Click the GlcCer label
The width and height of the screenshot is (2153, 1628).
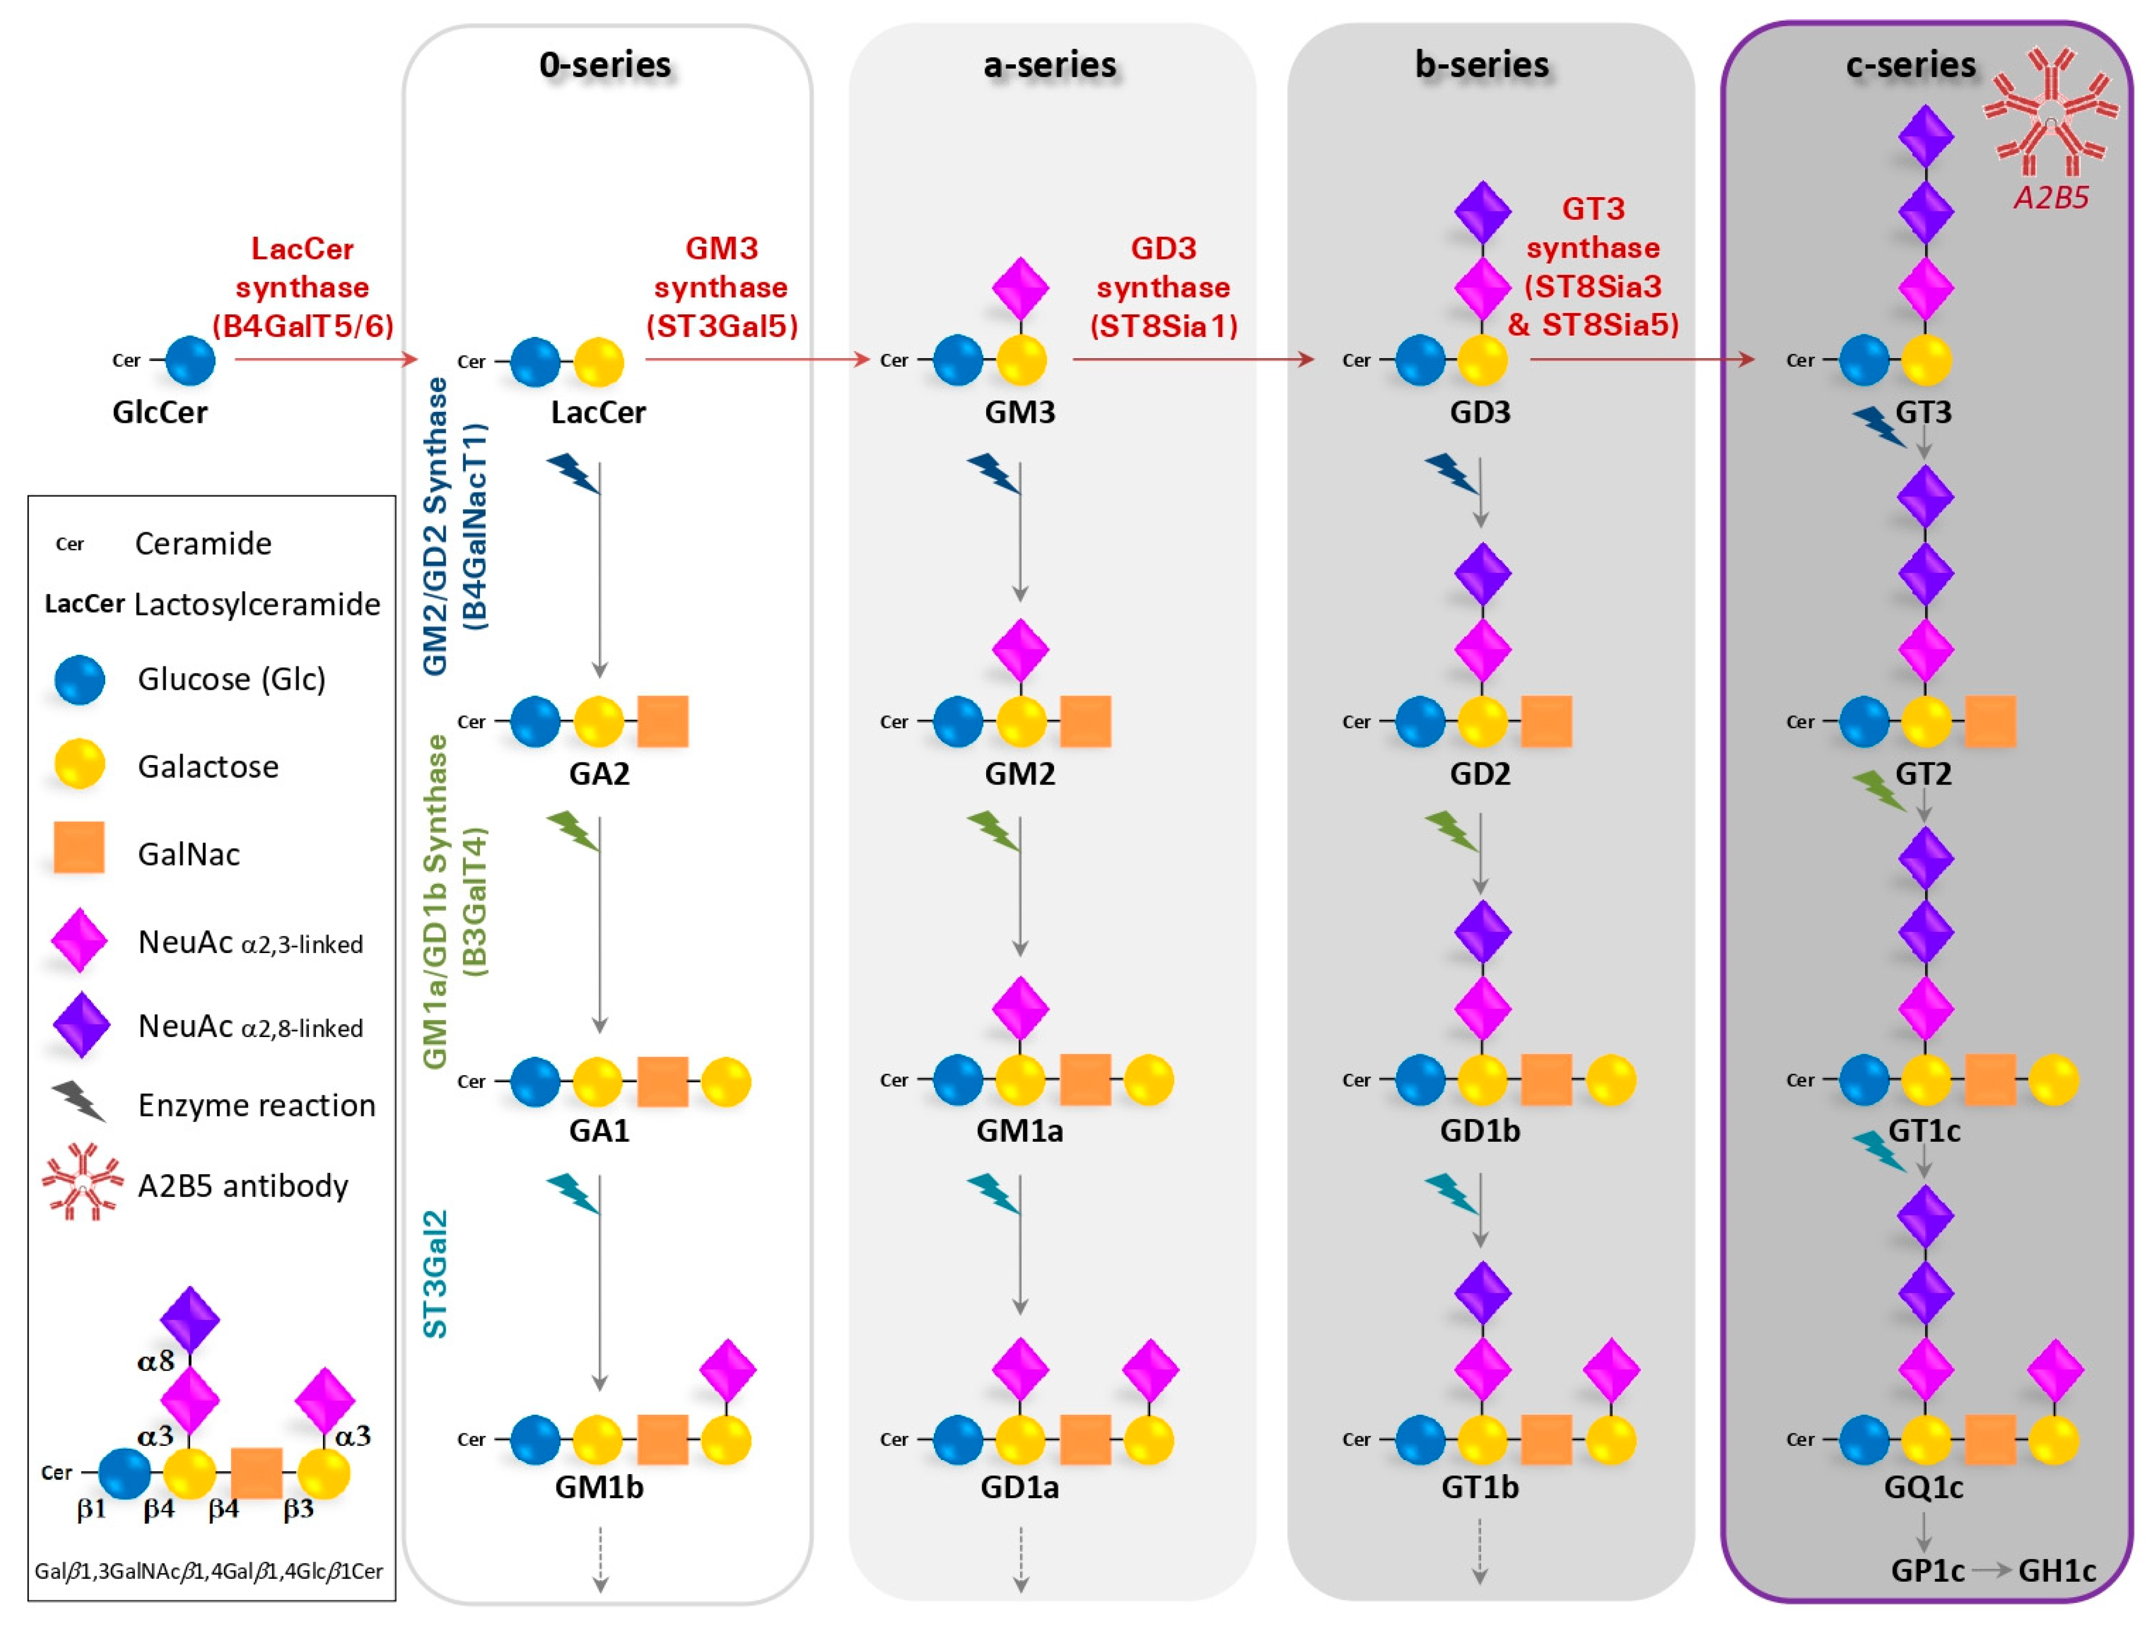pos(160,412)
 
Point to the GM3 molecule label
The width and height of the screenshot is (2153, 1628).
pos(1019,412)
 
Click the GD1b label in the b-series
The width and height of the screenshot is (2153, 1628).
pos(1479,1131)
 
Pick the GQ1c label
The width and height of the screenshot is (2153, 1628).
pos(1923,1487)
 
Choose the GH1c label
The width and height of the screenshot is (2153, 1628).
pos(2056,1571)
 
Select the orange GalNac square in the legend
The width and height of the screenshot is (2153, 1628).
pos(79,847)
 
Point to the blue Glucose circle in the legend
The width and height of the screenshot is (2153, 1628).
pos(79,679)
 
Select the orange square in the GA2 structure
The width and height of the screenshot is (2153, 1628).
pos(663,721)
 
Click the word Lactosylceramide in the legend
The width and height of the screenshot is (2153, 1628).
pos(257,605)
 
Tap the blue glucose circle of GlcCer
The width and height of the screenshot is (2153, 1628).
pos(190,361)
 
